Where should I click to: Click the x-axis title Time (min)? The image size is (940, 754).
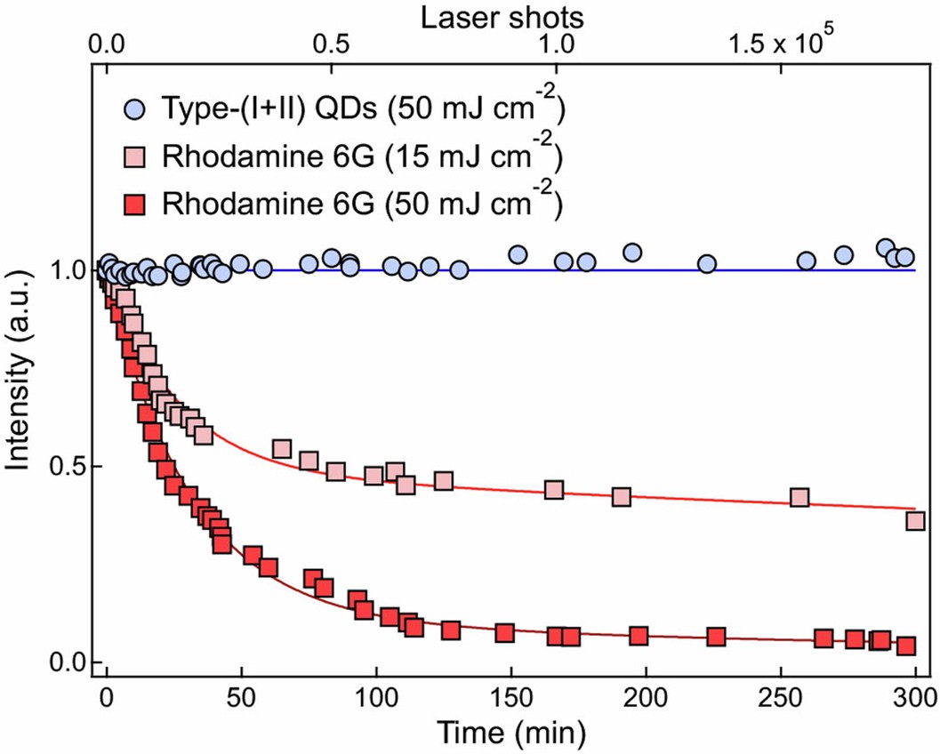click(510, 733)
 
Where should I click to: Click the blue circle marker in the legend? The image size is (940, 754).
click(135, 110)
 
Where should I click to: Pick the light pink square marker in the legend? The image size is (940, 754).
click(135, 158)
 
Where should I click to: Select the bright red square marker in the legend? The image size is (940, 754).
click(135, 205)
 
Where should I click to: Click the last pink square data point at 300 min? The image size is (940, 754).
click(915, 521)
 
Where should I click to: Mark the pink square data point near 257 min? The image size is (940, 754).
click(799, 497)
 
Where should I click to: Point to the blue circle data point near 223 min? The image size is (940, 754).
click(707, 264)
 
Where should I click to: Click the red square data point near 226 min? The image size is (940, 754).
click(716, 637)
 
